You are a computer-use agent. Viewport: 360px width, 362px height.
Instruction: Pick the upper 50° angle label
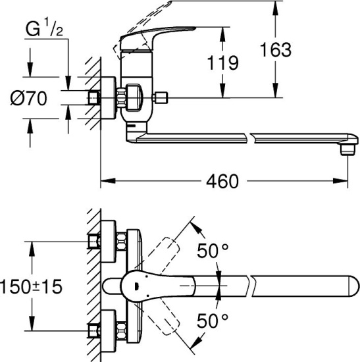(213, 251)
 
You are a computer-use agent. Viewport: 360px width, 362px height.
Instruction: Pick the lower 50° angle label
(213, 321)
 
